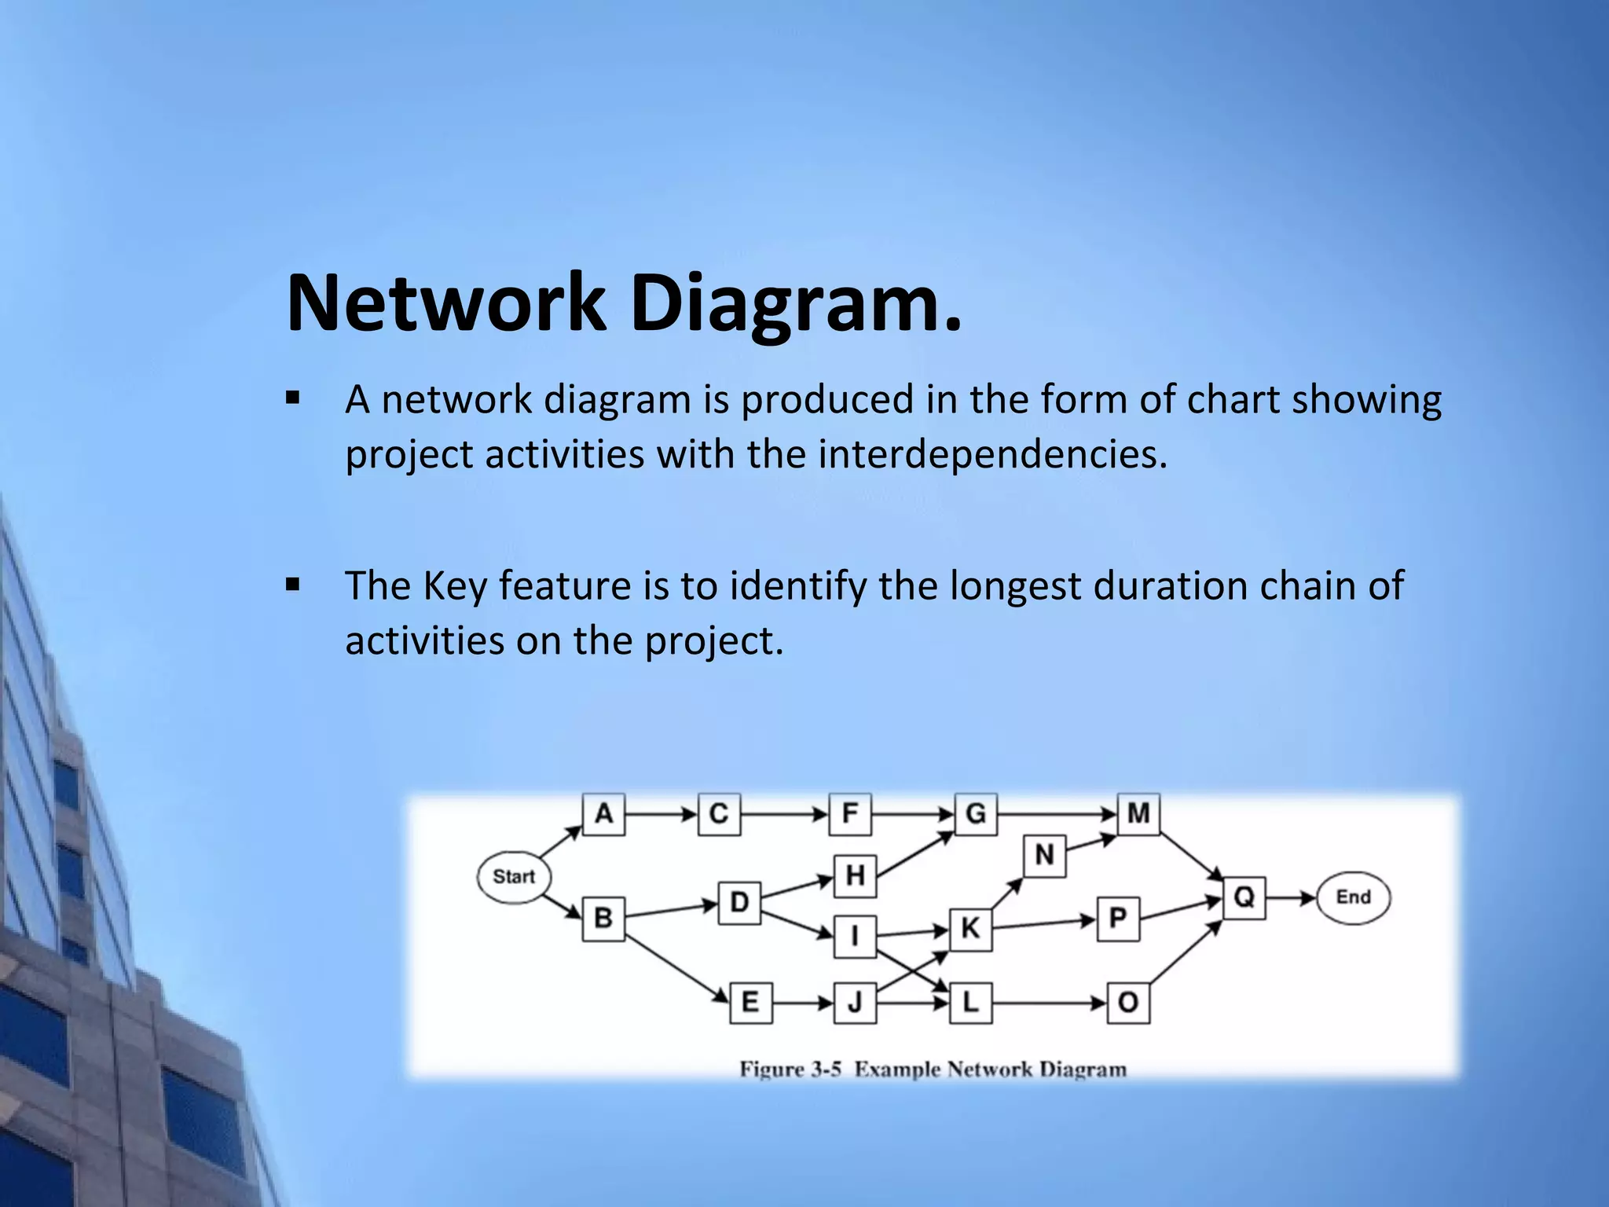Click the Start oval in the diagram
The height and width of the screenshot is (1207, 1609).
click(514, 876)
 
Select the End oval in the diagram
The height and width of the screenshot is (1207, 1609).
click(1353, 897)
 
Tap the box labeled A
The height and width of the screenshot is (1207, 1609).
click(603, 814)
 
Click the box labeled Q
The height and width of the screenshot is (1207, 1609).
click(1244, 897)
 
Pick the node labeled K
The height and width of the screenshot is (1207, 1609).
click(970, 929)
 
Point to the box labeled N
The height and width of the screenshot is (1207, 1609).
click(1044, 855)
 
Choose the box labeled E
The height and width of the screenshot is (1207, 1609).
click(750, 1003)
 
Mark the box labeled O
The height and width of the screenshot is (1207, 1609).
click(1128, 1003)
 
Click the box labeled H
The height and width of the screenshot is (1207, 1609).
click(855, 875)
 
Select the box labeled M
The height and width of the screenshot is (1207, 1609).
click(1138, 814)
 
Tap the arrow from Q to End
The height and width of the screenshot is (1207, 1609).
click(1290, 897)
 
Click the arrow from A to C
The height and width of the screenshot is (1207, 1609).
click(660, 814)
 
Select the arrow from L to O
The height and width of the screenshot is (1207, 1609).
click(1049, 1003)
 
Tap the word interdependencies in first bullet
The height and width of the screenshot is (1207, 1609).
click(992, 455)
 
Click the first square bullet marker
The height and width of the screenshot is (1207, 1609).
click(293, 398)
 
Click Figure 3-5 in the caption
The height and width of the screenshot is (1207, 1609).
click(790, 1069)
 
